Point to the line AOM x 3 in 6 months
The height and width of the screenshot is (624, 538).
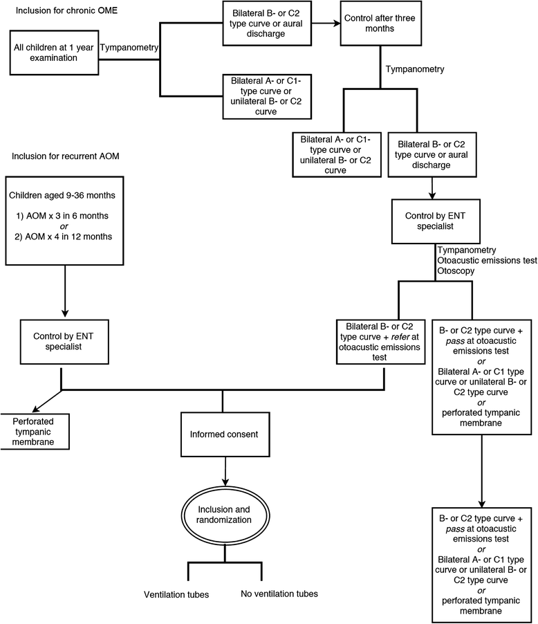(x=62, y=215)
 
